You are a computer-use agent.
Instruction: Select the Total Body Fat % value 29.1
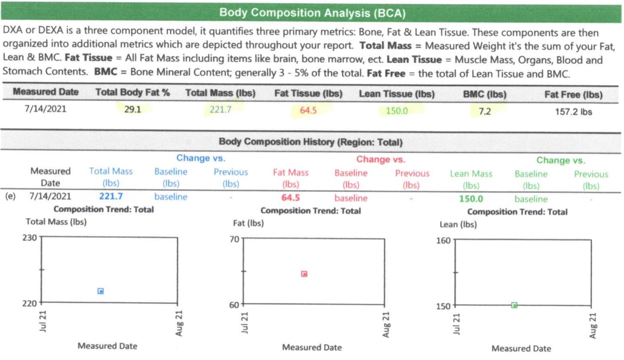point(133,110)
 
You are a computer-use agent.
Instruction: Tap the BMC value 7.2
point(485,111)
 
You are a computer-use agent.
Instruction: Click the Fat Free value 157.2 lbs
point(573,111)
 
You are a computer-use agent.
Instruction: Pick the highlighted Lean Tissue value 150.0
point(397,110)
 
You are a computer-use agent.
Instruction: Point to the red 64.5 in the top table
point(308,110)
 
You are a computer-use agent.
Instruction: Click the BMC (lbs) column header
point(485,95)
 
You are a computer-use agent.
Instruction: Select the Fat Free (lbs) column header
point(574,95)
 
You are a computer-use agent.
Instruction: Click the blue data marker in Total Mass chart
point(101,291)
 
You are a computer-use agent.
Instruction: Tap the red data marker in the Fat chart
point(305,274)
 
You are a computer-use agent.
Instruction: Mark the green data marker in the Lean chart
point(514,305)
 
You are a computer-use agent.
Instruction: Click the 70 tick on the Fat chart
point(234,239)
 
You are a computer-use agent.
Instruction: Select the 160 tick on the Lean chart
point(444,241)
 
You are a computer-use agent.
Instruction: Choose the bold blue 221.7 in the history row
point(110,197)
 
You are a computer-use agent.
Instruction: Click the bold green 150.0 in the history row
point(471,199)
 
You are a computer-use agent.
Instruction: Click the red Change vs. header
point(380,160)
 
